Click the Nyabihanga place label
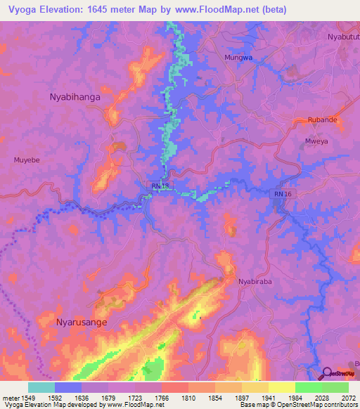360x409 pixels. click(75, 98)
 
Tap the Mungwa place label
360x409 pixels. click(237, 57)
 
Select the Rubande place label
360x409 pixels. click(323, 120)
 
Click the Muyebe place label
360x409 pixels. click(27, 160)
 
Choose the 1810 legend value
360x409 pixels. click(188, 397)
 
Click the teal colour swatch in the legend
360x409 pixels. click(41, 387)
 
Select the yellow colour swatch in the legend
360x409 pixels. click(281, 387)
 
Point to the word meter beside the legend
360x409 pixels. click(11, 397)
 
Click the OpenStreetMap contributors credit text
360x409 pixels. click(313, 405)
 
